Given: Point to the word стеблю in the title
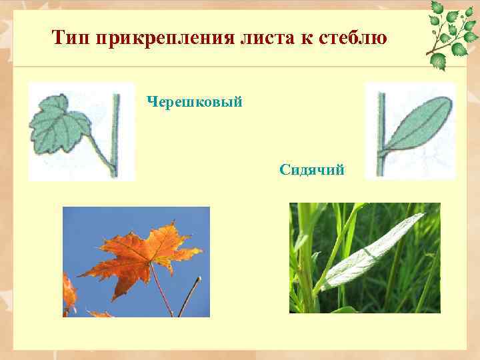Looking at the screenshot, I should click(352, 37).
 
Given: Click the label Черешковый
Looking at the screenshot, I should click(194, 102).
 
